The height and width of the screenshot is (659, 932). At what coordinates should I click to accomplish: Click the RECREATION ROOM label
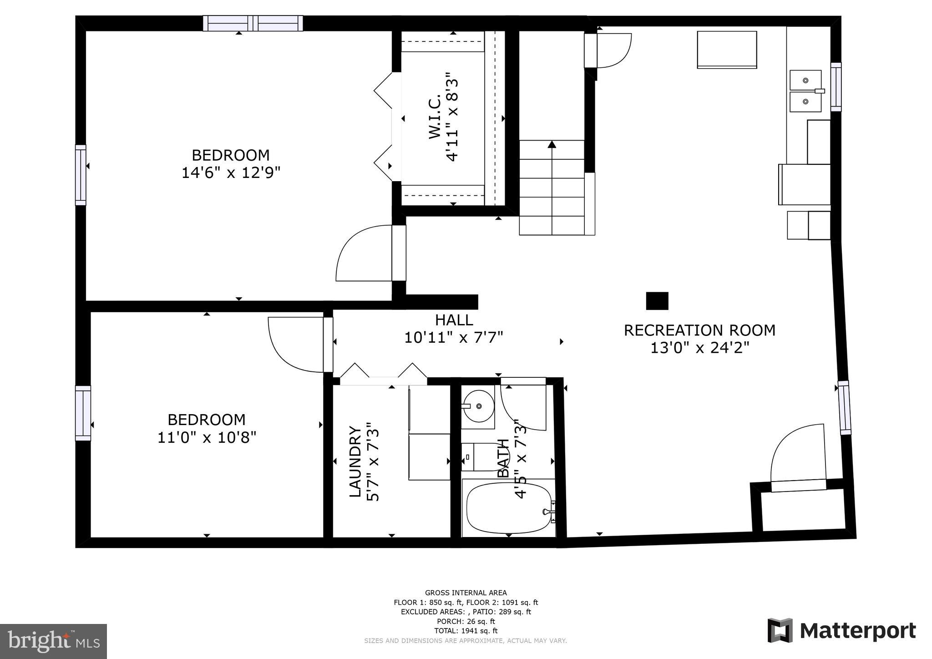click(x=699, y=330)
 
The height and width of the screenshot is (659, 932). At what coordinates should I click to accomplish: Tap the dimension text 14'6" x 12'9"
click(x=231, y=173)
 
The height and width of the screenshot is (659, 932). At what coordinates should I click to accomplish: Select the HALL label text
click(x=454, y=320)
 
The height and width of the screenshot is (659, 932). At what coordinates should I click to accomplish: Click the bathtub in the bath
click(x=509, y=508)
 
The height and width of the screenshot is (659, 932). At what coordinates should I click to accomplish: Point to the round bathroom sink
click(x=478, y=406)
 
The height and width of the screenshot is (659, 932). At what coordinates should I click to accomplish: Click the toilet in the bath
click(x=482, y=456)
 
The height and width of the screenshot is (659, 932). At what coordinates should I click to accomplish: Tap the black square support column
click(x=657, y=301)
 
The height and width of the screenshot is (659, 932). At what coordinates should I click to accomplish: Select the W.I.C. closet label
click(x=435, y=117)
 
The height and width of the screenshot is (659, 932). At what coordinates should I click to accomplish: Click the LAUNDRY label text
click(x=355, y=461)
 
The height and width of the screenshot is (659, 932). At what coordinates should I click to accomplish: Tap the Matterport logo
click(x=841, y=631)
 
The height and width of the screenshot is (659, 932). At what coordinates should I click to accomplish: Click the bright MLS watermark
click(x=53, y=641)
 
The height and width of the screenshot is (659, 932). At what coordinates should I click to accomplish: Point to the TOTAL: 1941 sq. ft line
click(x=466, y=631)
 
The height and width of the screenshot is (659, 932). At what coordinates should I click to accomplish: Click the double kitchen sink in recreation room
click(x=805, y=91)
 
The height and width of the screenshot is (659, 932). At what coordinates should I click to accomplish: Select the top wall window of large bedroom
click(x=253, y=23)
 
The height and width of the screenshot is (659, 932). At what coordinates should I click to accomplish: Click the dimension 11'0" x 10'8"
click(x=207, y=437)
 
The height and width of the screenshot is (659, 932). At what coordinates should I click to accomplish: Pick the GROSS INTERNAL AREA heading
click(x=466, y=593)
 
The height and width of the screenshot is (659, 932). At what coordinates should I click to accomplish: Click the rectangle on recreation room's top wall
click(x=727, y=50)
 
